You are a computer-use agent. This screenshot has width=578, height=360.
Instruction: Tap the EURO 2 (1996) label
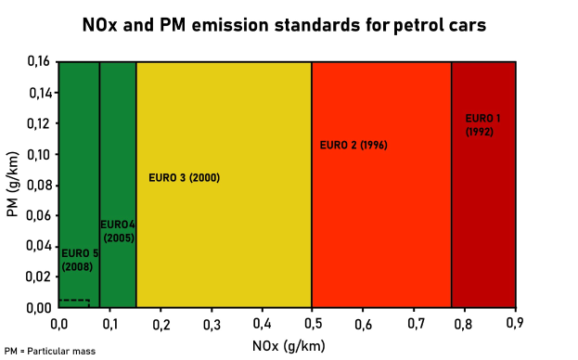(x=353, y=145)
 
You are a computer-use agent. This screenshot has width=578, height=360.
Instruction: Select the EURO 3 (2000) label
(x=184, y=177)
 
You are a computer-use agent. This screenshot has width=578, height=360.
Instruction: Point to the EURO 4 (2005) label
(x=118, y=231)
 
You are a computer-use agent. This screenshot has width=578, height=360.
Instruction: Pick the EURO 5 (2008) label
(x=79, y=260)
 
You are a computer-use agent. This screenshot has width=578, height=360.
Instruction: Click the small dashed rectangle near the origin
(x=74, y=302)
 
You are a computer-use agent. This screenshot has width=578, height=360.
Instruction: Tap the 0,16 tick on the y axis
(x=38, y=62)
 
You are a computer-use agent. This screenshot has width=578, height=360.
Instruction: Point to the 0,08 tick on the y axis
(x=38, y=185)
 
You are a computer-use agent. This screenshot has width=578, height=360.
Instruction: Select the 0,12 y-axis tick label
(x=38, y=123)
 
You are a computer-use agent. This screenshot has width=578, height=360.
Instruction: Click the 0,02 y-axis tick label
(x=38, y=276)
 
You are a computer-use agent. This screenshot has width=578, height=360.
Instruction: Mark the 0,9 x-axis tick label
(x=516, y=323)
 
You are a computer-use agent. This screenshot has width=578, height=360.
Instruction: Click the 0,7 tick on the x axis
(x=414, y=323)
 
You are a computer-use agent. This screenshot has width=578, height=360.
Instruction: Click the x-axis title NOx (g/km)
(x=287, y=346)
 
